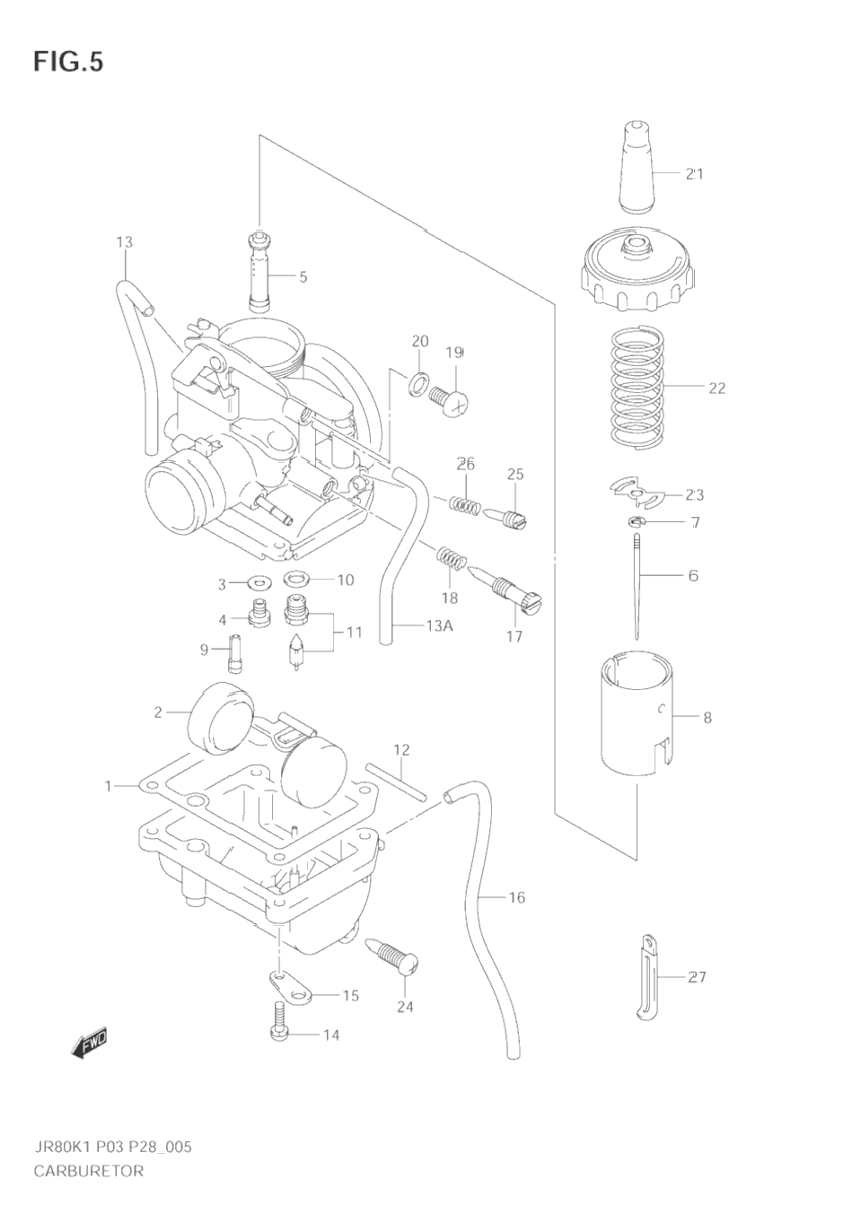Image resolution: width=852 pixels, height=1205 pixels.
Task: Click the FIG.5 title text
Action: (68, 62)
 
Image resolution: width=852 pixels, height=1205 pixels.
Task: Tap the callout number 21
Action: (694, 174)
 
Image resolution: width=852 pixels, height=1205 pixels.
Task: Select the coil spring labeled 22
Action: (637, 388)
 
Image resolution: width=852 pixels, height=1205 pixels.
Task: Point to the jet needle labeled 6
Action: (636, 583)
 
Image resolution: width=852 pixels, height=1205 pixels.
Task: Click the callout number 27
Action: (697, 976)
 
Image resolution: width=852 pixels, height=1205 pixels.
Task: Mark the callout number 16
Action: (516, 897)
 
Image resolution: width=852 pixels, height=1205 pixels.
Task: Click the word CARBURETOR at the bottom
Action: (89, 1170)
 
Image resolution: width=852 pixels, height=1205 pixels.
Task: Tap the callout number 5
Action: (303, 276)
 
